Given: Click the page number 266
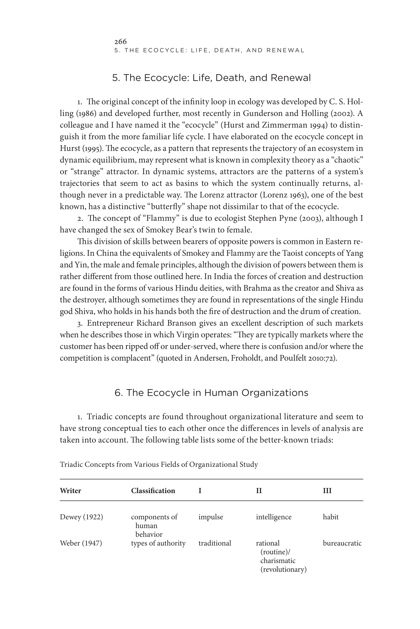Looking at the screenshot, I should coord(120,41).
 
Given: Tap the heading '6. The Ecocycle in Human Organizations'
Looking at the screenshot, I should coord(211,393).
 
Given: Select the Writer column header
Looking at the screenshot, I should coord(70,491).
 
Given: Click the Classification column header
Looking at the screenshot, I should coord(153,491).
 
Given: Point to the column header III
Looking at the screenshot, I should coord(327,491).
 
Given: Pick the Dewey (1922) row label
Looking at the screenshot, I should coord(81,517).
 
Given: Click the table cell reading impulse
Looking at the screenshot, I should coord(211,517).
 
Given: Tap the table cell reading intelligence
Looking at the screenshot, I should coord(273,517).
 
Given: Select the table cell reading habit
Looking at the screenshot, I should coord(330,517).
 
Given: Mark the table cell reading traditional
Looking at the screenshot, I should coord(215,543).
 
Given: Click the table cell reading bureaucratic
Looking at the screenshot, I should coord(342,543).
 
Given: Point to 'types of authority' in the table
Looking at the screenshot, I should coord(158,543).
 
